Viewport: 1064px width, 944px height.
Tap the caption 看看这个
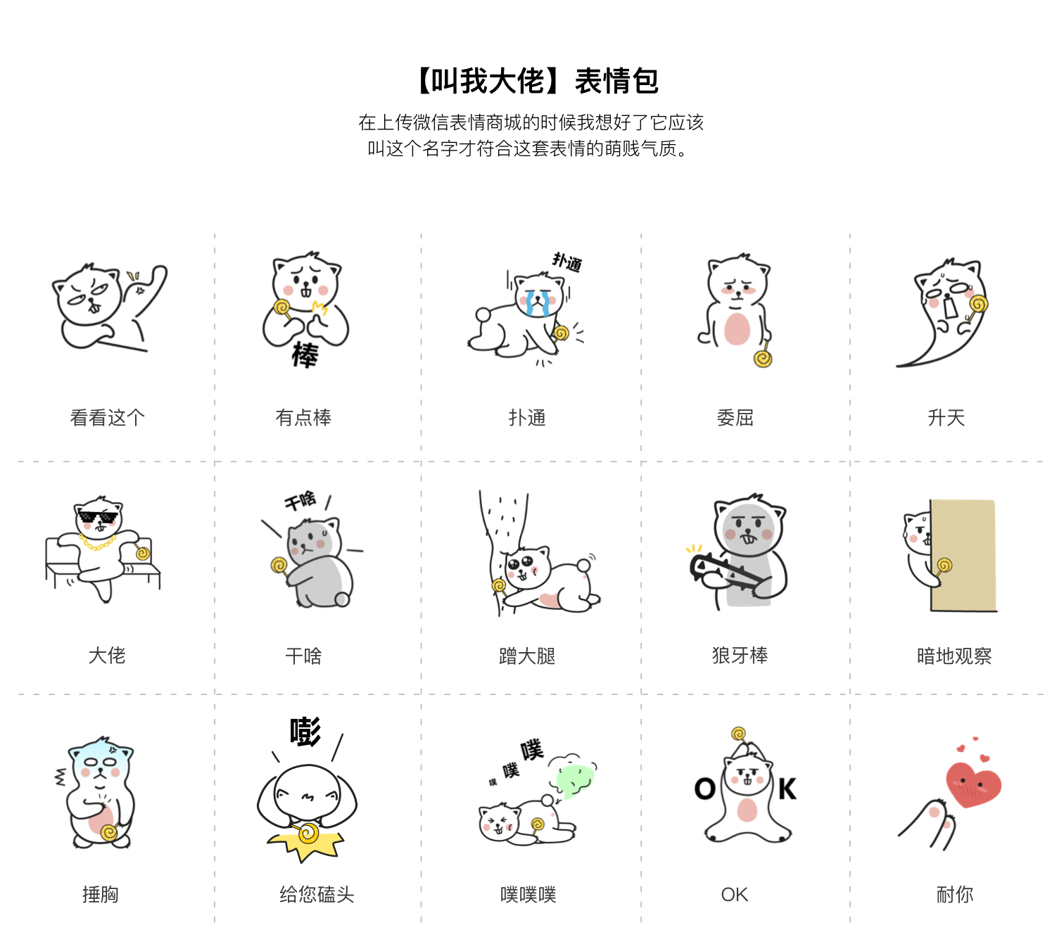click(107, 418)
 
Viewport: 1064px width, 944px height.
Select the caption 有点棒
click(303, 418)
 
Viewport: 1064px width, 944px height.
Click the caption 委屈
click(735, 418)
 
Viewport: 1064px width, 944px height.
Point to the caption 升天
click(946, 418)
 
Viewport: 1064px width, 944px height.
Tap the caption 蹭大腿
click(527, 656)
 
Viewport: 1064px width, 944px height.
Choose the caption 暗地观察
click(954, 656)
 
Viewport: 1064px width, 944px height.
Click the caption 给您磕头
click(317, 895)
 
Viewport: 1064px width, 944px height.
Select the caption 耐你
click(954, 895)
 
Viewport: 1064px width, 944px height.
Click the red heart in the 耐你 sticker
click(974, 784)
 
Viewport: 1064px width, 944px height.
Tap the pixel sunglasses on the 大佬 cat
click(98, 518)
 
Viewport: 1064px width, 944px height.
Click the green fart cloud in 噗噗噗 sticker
click(574, 779)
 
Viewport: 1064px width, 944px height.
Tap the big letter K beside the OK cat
click(787, 789)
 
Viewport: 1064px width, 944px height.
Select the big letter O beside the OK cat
click(704, 789)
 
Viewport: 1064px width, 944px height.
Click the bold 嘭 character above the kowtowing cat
click(305, 732)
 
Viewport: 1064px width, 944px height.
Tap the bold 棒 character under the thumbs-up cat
click(305, 355)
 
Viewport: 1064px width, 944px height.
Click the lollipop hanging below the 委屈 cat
click(763, 359)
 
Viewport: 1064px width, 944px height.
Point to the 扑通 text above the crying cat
click(566, 262)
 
